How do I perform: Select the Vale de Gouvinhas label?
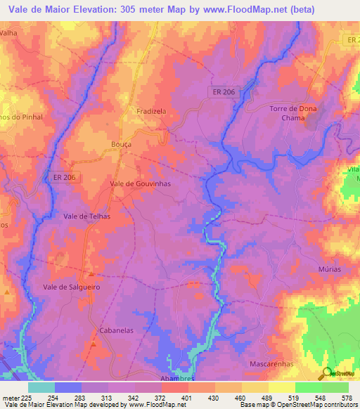click(141, 183)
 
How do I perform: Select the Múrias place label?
click(329, 270)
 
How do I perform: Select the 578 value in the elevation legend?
click(345, 398)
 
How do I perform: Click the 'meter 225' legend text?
click(18, 398)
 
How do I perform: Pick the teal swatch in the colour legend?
click(41, 387)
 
